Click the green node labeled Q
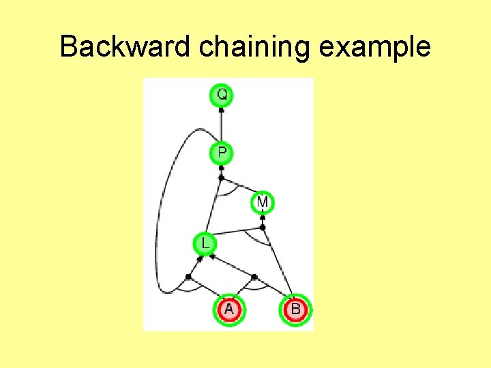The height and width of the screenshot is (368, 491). click(x=222, y=94)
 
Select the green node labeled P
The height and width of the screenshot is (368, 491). click(x=222, y=153)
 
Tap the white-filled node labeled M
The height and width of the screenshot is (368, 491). click(x=263, y=202)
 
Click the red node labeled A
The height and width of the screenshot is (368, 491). click(x=228, y=310)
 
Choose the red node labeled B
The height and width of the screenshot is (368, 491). click(x=295, y=310)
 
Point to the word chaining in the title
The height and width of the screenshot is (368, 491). click(x=247, y=47)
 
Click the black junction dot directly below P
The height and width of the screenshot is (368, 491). click(x=221, y=178)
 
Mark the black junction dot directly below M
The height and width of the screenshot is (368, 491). click(x=263, y=227)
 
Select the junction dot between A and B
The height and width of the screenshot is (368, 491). click(x=254, y=277)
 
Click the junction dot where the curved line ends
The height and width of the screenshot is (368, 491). click(x=188, y=276)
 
